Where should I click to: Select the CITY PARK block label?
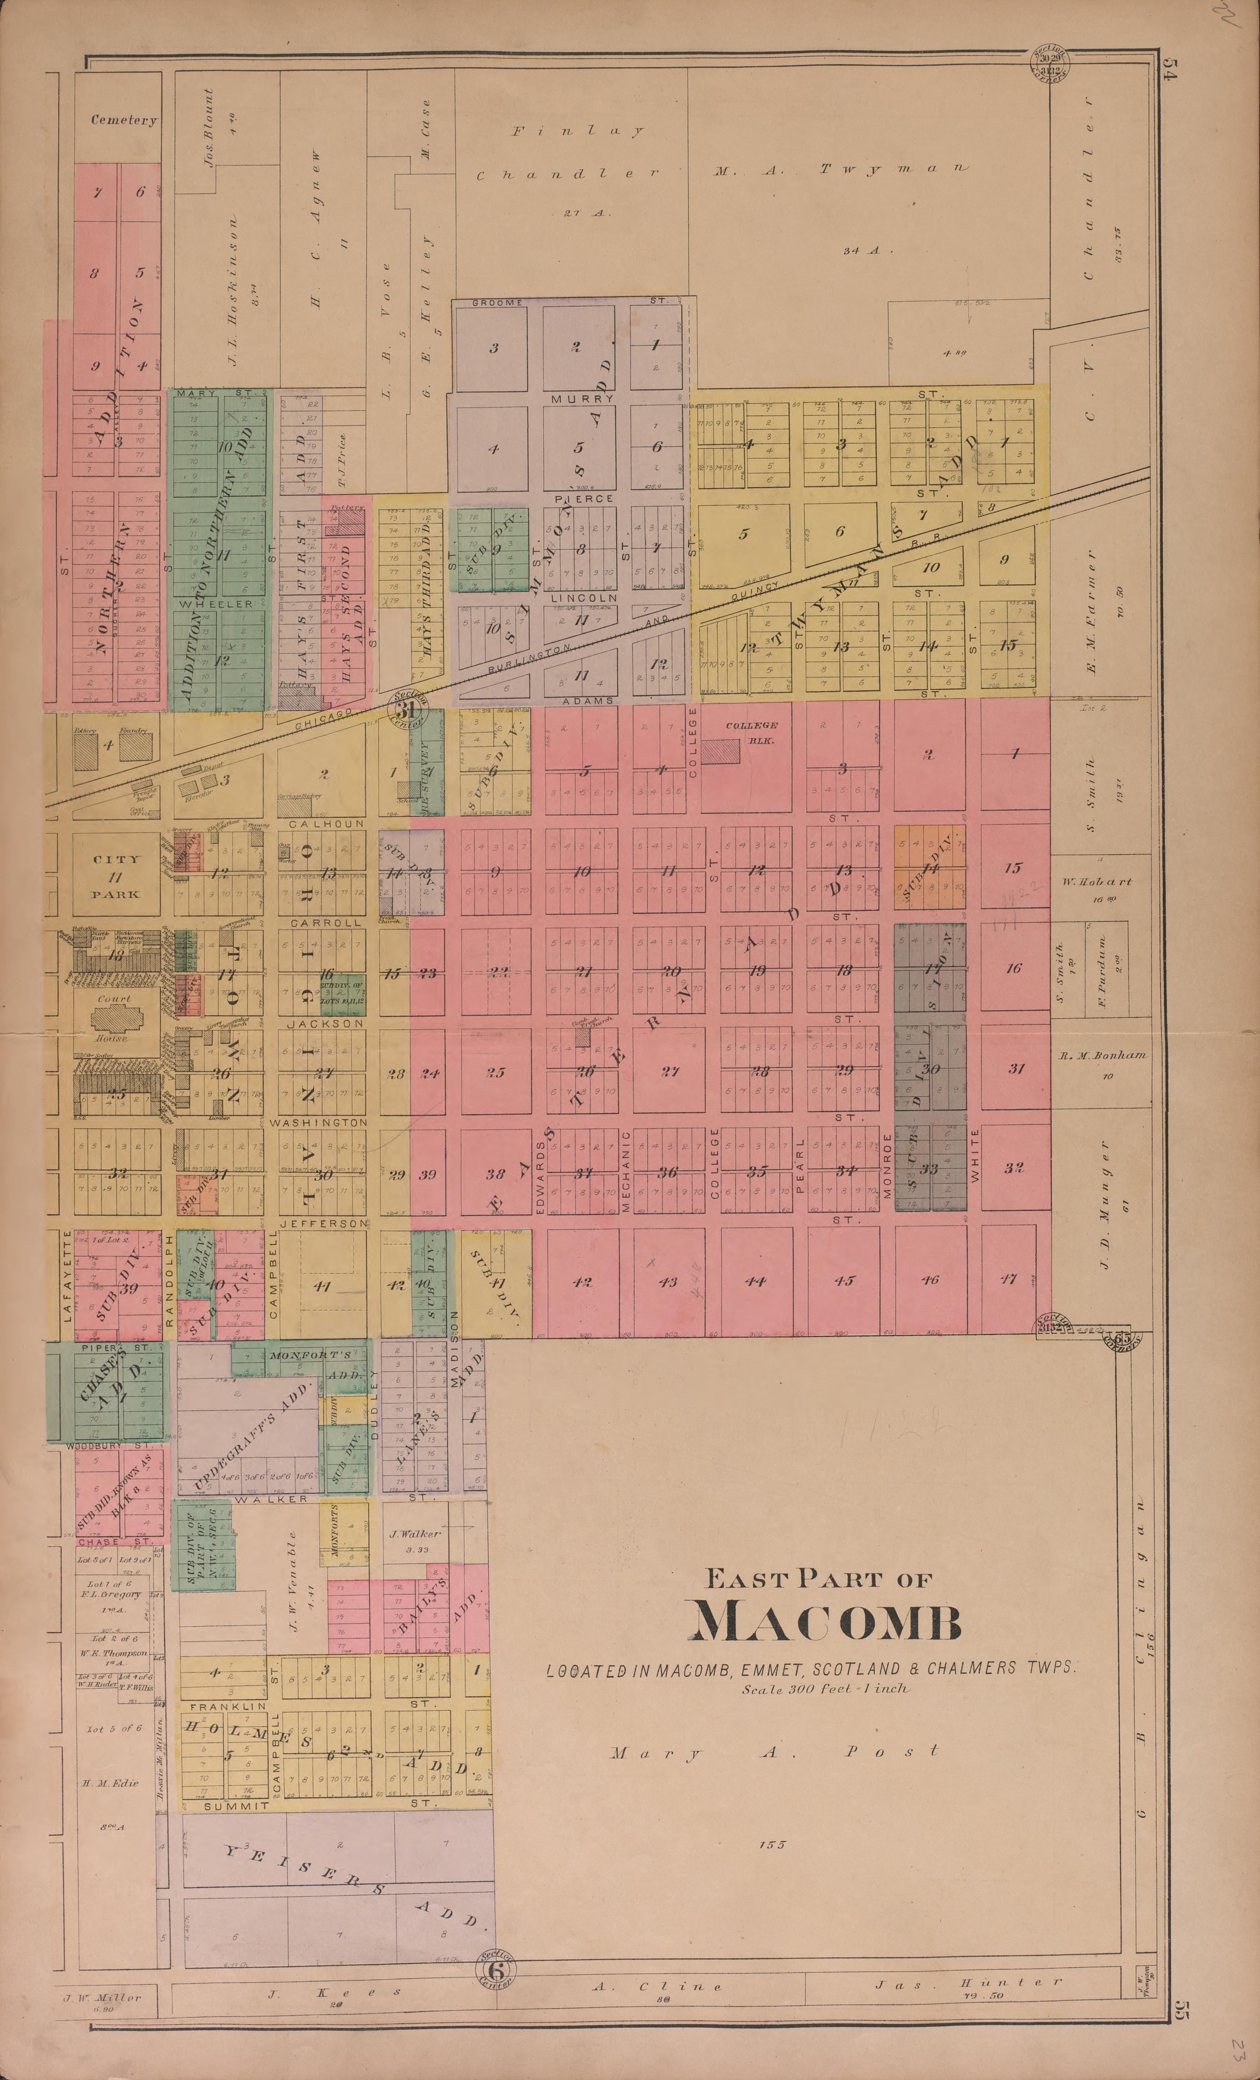point(116,876)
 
